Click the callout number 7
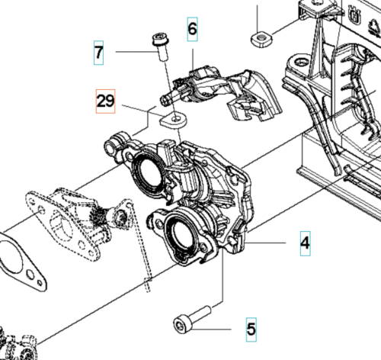(x=98, y=53)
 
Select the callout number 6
(x=192, y=29)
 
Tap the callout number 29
(x=105, y=101)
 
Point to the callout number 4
(x=305, y=243)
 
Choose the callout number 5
(x=251, y=329)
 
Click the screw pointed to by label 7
(x=161, y=46)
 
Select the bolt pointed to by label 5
(x=192, y=320)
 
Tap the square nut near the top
(x=261, y=40)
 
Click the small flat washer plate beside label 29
(x=173, y=120)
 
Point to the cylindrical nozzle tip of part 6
(x=167, y=99)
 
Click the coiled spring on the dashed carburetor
(x=98, y=213)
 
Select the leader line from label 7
(x=136, y=52)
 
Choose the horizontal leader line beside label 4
(x=265, y=243)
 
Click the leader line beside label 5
(x=212, y=329)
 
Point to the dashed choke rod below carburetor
(x=140, y=247)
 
